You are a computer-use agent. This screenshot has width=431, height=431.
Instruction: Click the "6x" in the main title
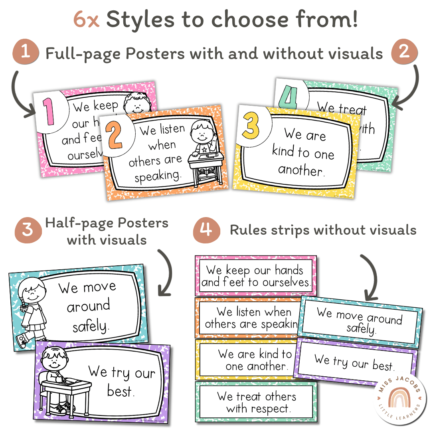point(86,20)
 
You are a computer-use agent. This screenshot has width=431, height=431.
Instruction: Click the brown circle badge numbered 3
point(28,230)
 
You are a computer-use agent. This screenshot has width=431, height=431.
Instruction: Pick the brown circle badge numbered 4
point(207,230)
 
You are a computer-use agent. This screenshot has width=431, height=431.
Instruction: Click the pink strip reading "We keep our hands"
point(255,276)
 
